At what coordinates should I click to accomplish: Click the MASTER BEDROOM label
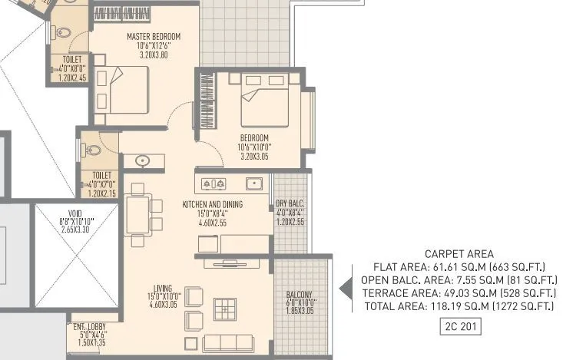[154, 36]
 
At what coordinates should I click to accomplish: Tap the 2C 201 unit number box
[459, 326]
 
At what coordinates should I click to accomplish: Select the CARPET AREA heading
[459, 254]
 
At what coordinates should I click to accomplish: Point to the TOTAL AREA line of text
[459, 306]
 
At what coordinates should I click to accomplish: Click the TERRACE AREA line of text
[459, 293]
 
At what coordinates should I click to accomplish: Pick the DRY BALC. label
[290, 204]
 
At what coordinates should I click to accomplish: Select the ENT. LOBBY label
[89, 325]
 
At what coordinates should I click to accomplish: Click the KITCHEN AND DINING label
[212, 205]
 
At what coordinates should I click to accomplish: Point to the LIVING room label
[162, 288]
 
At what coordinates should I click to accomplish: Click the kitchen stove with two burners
[213, 183]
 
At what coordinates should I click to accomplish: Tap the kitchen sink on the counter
[252, 183]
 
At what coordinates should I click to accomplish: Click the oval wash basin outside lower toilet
[142, 161]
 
